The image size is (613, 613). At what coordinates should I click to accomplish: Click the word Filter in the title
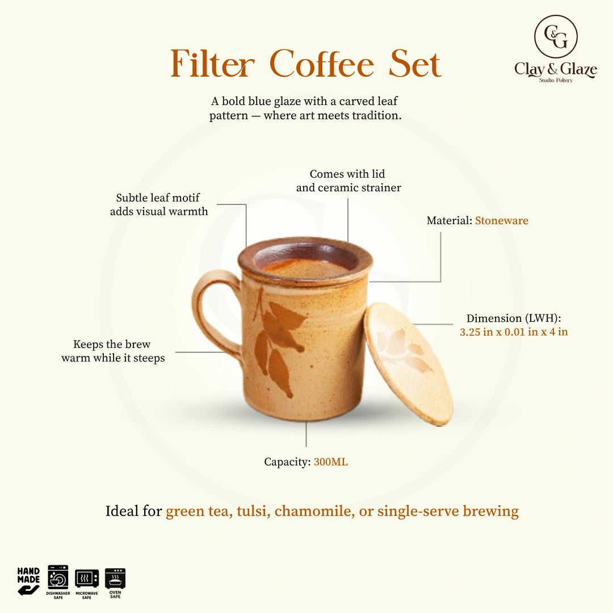click(x=212, y=64)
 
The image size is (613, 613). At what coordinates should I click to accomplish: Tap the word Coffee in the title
click(x=322, y=64)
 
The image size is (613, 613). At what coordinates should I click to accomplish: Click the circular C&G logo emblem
click(x=556, y=36)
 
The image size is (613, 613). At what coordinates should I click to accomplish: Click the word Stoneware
click(x=502, y=220)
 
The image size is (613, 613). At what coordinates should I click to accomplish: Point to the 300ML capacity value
click(x=330, y=462)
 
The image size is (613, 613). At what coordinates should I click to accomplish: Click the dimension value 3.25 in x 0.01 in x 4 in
click(x=514, y=332)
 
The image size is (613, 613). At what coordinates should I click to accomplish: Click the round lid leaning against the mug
click(x=409, y=364)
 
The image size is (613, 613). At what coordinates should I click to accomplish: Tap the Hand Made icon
click(x=28, y=581)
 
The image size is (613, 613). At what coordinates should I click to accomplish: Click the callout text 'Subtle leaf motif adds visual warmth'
click(x=159, y=204)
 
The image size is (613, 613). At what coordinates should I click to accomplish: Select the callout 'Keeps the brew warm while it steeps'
click(x=113, y=351)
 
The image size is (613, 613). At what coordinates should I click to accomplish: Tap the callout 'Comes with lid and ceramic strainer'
click(x=349, y=180)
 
